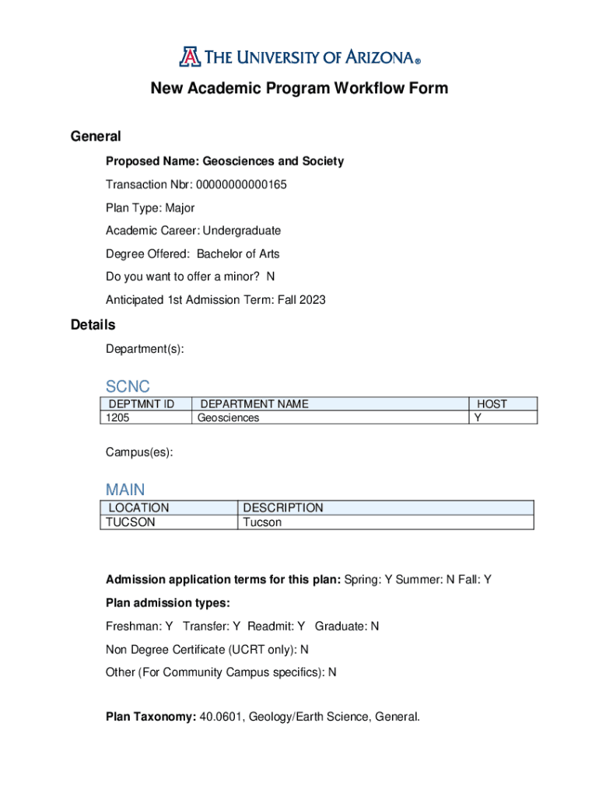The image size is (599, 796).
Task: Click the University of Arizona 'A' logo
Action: (x=188, y=57)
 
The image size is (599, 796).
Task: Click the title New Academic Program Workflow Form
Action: (x=299, y=89)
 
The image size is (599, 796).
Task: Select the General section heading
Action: (x=96, y=137)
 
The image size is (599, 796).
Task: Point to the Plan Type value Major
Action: (x=180, y=208)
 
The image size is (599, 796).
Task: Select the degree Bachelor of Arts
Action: (x=238, y=254)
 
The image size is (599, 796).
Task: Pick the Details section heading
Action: (x=93, y=325)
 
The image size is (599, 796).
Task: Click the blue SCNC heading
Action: (x=128, y=386)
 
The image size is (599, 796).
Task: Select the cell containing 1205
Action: (x=118, y=418)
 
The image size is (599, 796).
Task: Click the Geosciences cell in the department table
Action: (x=228, y=418)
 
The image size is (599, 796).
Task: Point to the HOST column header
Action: (x=492, y=404)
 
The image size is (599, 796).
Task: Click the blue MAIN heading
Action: (x=125, y=490)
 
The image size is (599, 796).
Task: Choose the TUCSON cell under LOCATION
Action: (x=131, y=522)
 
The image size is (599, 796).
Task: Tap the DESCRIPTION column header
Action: (x=283, y=508)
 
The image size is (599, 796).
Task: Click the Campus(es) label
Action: (x=139, y=452)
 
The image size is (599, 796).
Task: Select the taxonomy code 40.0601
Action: (x=221, y=717)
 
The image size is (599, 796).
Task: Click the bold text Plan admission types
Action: (x=168, y=603)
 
